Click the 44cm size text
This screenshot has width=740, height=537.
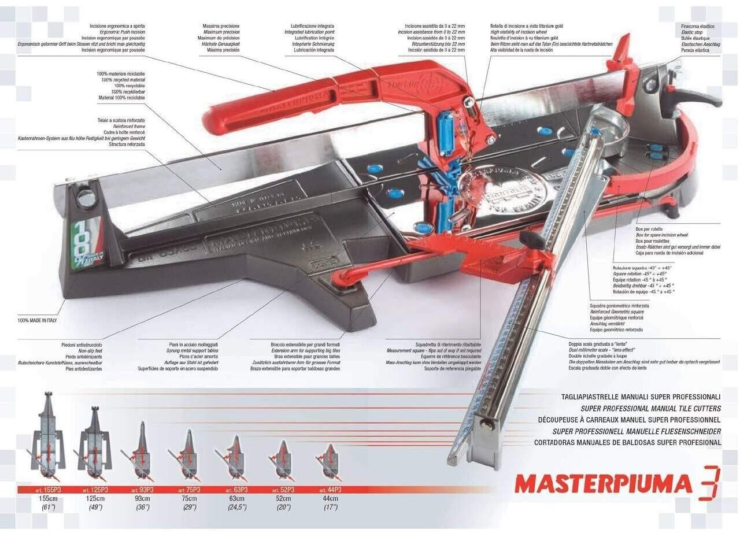[x=330, y=498]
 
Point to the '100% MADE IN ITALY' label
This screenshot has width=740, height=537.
[x=37, y=320]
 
